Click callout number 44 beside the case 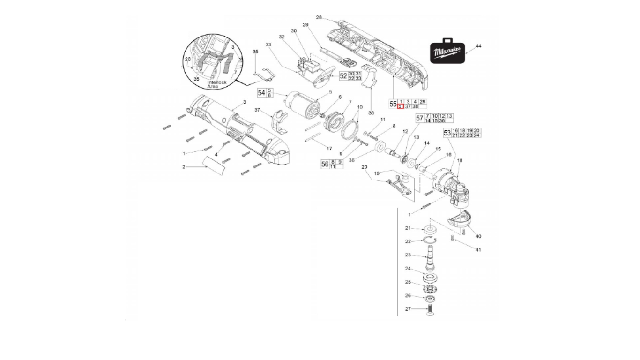pos(478,46)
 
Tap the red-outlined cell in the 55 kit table pos(400,106)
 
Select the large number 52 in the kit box pos(343,76)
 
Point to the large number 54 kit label pos(261,93)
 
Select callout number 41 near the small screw pos(478,250)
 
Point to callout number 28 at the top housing pos(319,17)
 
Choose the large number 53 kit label pos(447,133)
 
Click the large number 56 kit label pos(325,164)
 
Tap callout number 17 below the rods pos(329,148)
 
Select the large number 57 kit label pos(419,118)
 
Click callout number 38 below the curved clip pos(371,113)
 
